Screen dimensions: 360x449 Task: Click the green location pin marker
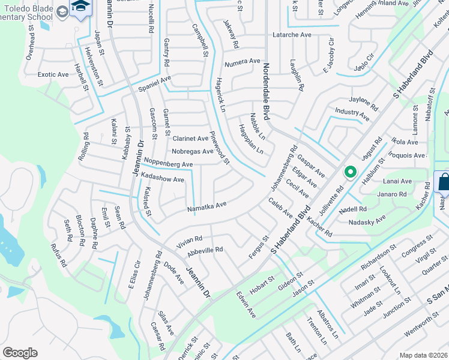(x=349, y=172)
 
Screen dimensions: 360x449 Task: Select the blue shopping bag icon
(x=442, y=182)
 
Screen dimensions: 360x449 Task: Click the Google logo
(x=20, y=353)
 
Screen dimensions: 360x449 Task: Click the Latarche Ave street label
(x=292, y=35)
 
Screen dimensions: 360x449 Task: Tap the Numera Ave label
(x=243, y=62)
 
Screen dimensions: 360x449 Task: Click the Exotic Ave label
(x=53, y=75)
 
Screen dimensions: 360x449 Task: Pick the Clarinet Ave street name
(x=190, y=139)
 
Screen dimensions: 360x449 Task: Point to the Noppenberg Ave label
(x=167, y=164)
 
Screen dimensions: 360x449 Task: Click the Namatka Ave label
(x=206, y=206)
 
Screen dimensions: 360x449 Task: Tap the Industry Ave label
(x=352, y=112)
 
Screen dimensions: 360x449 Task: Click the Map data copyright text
(x=423, y=355)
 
